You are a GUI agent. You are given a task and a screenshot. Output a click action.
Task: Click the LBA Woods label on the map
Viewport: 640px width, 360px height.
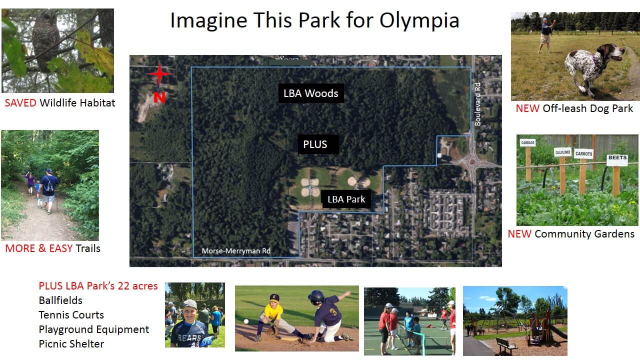[x=311, y=93]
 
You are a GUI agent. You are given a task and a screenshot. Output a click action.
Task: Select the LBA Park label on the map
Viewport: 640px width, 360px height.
[x=346, y=199]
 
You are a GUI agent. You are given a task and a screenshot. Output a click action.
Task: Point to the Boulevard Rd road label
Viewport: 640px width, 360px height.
[x=477, y=104]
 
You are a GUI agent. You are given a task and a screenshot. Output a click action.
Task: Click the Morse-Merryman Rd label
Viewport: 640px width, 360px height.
[x=236, y=251]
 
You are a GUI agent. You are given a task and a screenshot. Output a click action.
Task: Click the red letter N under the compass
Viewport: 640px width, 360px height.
[x=159, y=97]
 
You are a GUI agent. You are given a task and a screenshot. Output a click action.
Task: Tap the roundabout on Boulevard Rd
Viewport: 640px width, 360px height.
[x=471, y=162]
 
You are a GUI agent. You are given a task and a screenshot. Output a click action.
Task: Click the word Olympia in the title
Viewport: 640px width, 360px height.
[x=419, y=20]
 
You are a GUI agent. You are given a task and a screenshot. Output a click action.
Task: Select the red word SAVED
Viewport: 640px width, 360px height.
[x=20, y=103]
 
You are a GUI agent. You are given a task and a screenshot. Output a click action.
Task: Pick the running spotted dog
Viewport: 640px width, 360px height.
[x=593, y=66]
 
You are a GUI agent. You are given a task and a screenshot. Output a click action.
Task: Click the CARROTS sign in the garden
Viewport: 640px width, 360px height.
[x=583, y=153]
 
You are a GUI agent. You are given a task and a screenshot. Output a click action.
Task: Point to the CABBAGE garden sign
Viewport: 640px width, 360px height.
[x=527, y=142]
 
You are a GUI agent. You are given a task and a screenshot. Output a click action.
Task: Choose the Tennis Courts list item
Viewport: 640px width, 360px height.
[x=71, y=315]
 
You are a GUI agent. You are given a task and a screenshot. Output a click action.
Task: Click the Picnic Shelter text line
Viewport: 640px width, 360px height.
[x=71, y=343]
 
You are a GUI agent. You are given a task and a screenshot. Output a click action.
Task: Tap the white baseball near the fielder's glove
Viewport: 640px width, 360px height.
[x=246, y=321]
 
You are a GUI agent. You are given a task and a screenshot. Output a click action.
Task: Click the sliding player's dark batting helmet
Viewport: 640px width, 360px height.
[x=316, y=297]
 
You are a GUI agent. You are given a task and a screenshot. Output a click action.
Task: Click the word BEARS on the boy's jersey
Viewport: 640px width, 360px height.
[x=189, y=337]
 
